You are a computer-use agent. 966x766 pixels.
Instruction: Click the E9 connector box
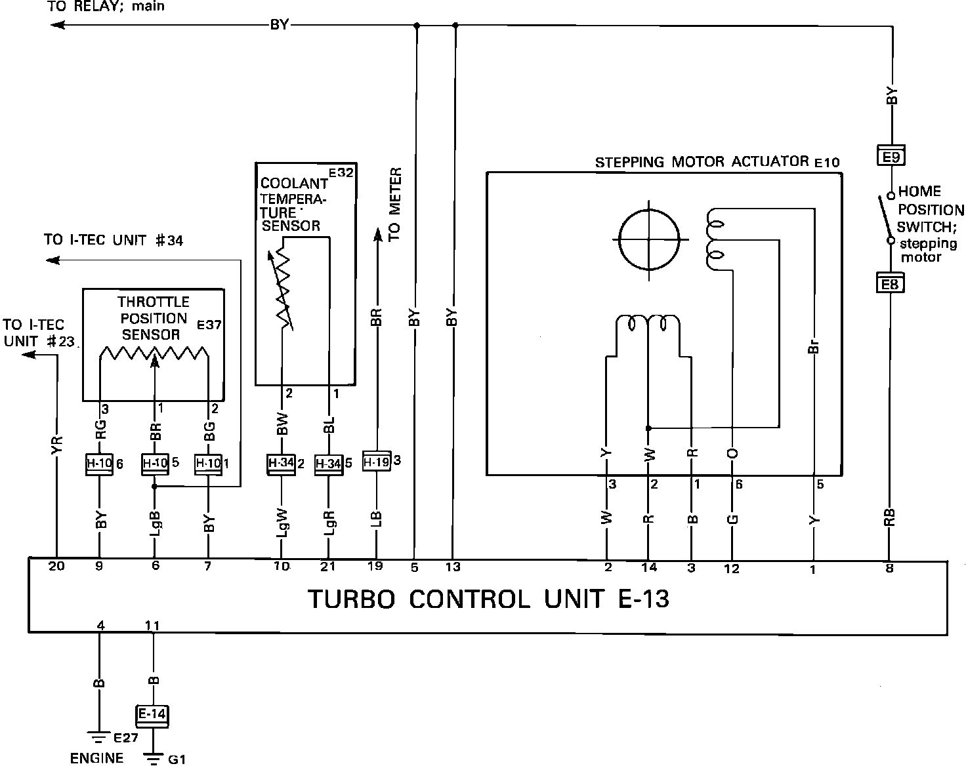coord(890,157)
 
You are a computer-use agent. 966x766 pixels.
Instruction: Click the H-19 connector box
coord(377,462)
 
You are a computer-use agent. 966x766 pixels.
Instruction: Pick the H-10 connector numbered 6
coord(100,464)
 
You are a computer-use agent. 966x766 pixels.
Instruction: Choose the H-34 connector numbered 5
coord(329,464)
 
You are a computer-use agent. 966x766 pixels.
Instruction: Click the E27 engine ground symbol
coord(98,735)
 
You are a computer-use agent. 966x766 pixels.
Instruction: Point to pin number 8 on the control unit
coord(889,569)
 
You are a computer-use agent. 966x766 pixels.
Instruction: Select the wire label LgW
coord(282,523)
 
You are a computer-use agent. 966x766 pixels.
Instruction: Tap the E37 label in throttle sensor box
coord(209,324)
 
